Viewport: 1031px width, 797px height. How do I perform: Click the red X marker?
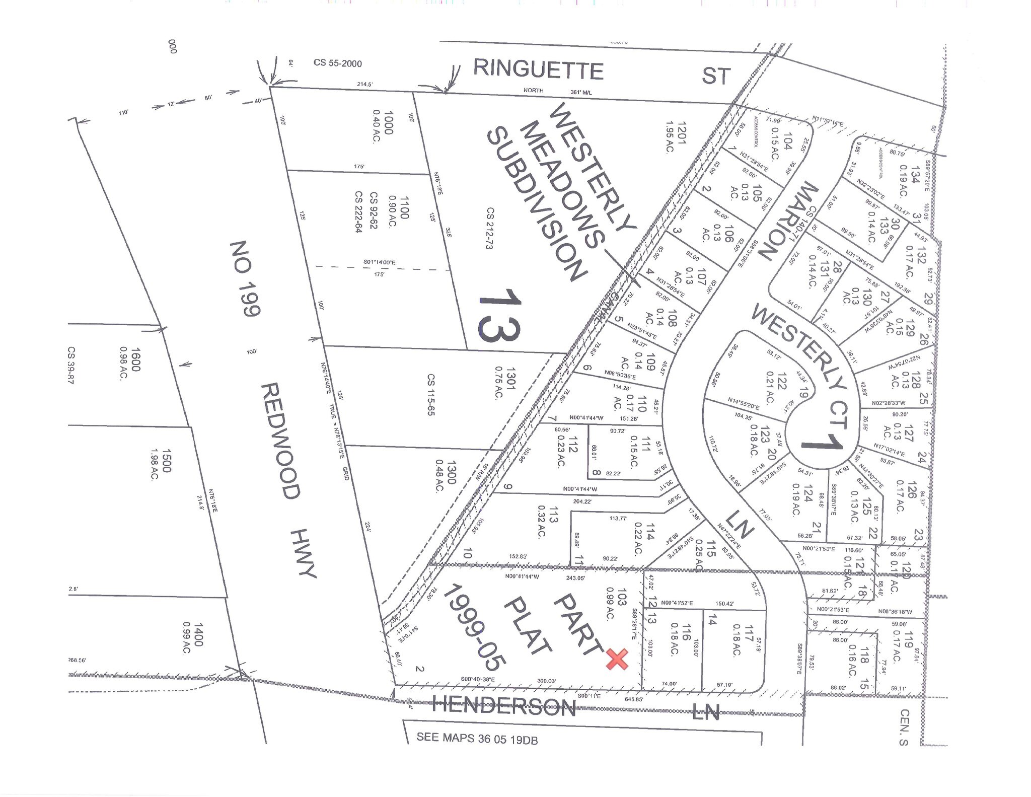click(617, 659)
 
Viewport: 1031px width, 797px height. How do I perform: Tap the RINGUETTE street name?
click(538, 69)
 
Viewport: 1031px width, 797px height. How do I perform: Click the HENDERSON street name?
click(504, 707)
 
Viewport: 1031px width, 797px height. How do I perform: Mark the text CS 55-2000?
click(337, 63)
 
